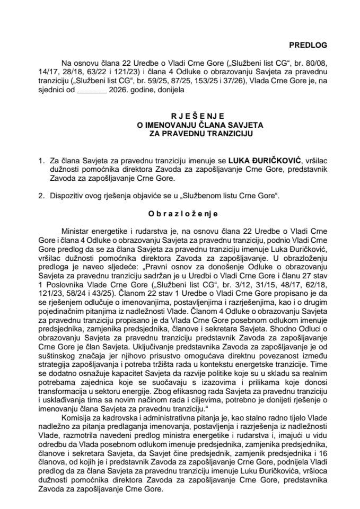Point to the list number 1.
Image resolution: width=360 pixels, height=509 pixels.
coord(49,158)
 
